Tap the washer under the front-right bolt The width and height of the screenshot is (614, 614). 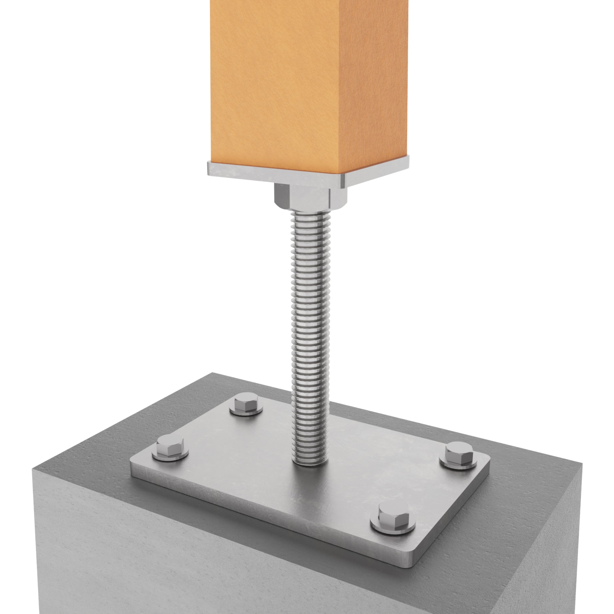point(393,529)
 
